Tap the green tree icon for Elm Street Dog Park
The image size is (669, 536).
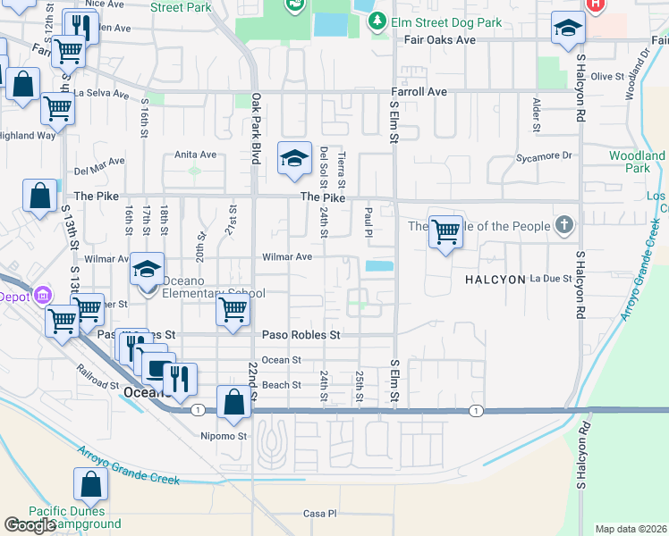(379, 21)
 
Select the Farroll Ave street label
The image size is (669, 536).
(419, 92)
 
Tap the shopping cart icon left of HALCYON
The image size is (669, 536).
(445, 233)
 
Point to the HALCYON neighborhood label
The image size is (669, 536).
(495, 280)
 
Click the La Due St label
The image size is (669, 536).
(551, 279)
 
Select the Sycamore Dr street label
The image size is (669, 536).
(543, 155)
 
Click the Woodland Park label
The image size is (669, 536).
(637, 162)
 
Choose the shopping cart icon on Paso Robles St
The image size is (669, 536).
(233, 311)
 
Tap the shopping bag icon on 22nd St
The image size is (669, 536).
(233, 402)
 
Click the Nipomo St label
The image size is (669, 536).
(224, 437)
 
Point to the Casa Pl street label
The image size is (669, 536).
(319, 514)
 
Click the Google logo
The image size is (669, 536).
(30, 525)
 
